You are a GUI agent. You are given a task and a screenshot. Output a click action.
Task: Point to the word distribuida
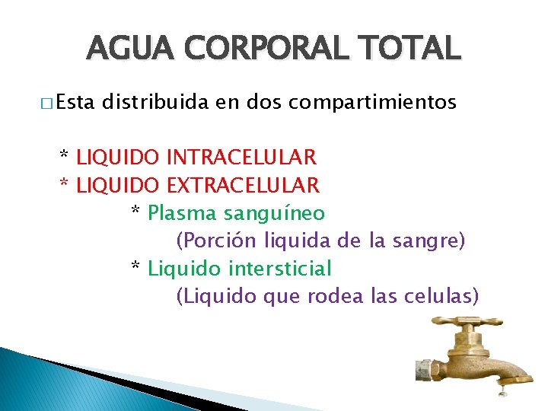[158, 102]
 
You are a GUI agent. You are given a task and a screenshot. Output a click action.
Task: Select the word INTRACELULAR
[241, 158]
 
